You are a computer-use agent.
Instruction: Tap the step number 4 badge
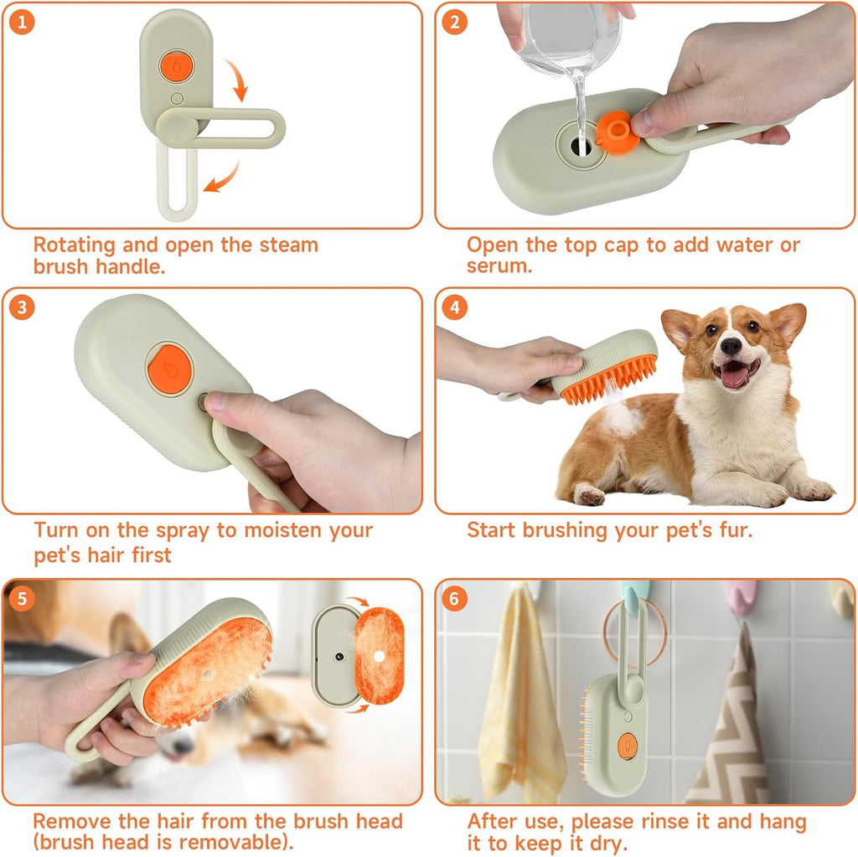[455, 307]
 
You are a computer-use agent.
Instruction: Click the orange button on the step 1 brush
[173, 65]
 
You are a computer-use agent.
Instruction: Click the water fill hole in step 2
[579, 144]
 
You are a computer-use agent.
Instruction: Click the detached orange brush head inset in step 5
[379, 654]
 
